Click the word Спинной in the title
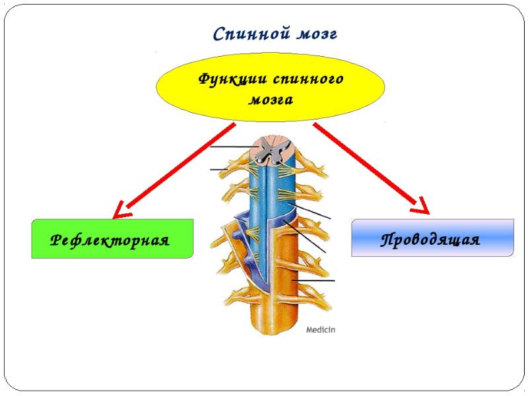[242, 34]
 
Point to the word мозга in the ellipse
[271, 100]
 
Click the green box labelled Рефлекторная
[112, 238]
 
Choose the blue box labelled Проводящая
[432, 238]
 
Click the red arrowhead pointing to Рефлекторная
[121, 210]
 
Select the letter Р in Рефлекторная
[57, 239]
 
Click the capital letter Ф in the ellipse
[206, 79]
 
